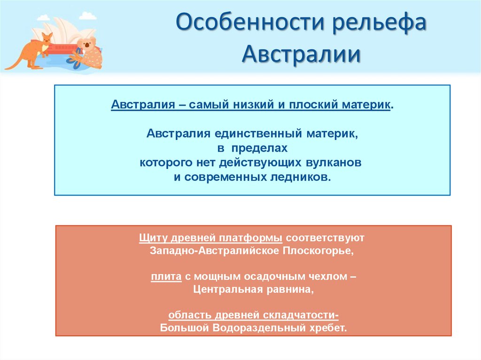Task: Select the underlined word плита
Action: [166, 277]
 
